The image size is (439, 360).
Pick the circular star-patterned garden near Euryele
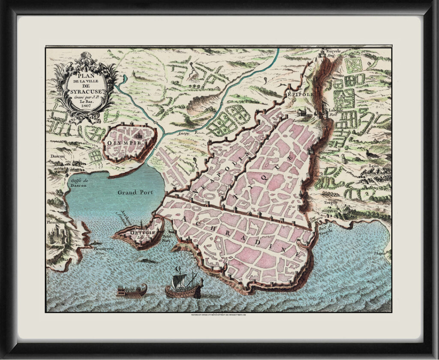[x=354, y=65]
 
